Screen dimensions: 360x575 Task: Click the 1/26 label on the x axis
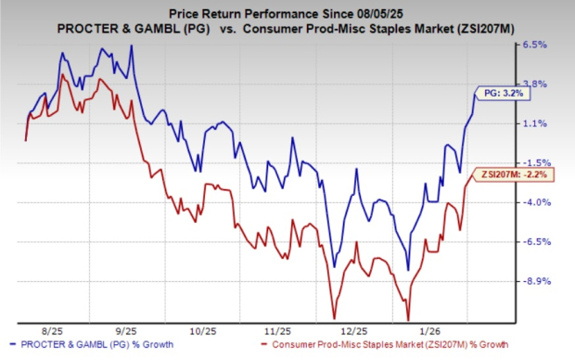click(426, 329)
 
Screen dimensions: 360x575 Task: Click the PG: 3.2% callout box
click(505, 92)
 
